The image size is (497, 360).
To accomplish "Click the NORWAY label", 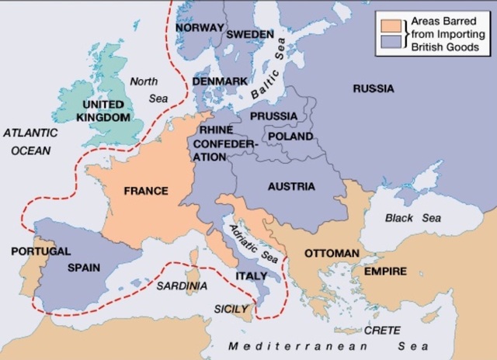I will pos(200,27).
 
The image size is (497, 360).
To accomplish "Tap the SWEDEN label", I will pos(250,35).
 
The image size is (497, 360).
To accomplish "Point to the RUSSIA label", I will pos(374,88).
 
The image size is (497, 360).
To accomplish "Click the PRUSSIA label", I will pos(273,116).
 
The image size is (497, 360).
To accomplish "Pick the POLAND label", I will pos(290,137).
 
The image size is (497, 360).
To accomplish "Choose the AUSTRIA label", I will pos(291,187).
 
